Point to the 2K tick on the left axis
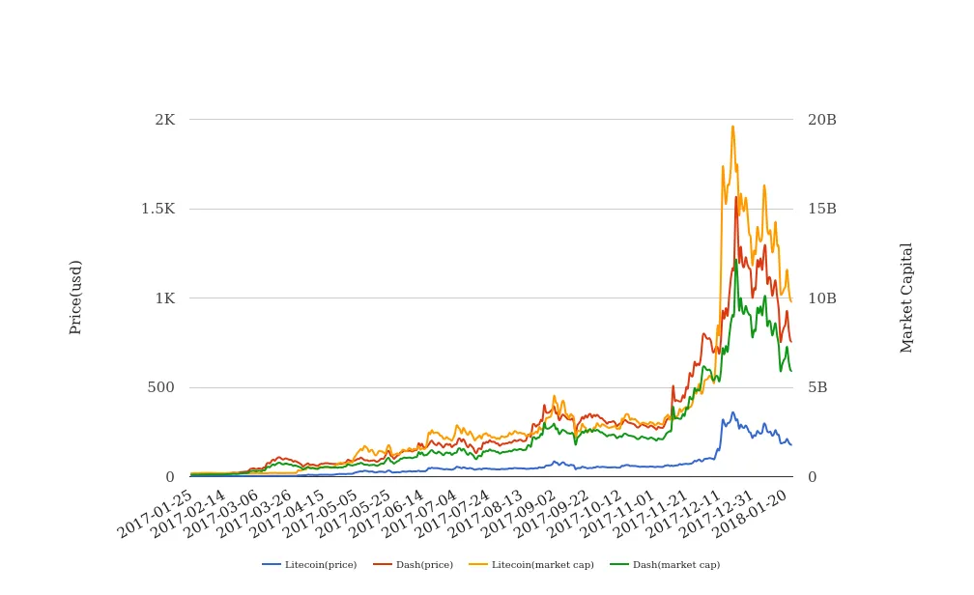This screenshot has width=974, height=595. [164, 120]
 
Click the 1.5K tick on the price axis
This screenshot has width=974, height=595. [158, 209]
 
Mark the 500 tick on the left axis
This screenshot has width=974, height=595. [160, 387]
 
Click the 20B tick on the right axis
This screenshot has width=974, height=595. [822, 120]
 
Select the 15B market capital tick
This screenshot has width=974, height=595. [822, 209]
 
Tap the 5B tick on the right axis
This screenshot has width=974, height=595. [817, 387]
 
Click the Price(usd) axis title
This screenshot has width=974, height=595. [76, 297]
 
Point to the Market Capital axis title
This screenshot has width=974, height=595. [907, 297]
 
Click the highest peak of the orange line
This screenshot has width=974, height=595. [732, 126]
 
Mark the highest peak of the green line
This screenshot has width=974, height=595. [735, 259]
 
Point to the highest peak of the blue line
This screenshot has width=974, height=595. [732, 412]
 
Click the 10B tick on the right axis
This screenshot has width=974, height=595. [822, 298]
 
